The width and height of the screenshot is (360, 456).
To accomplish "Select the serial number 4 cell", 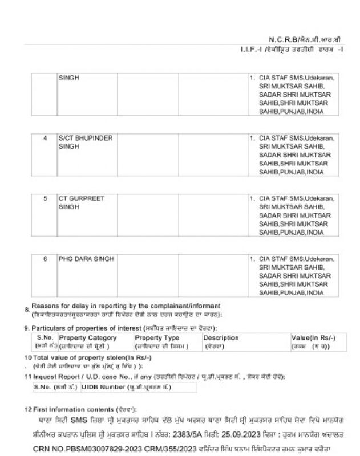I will (x=45, y=139).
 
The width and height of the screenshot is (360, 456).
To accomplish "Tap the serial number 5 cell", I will (x=45, y=198).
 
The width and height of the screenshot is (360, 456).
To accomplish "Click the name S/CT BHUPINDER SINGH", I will (x=86, y=142).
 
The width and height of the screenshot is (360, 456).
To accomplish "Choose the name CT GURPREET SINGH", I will (x=82, y=202).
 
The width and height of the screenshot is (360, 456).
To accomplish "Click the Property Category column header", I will (x=88, y=338).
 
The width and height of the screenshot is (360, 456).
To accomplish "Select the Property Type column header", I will (x=157, y=338).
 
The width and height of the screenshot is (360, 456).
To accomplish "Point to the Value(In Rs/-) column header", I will (x=314, y=338).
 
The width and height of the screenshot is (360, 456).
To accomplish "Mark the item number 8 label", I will (x=27, y=310).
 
